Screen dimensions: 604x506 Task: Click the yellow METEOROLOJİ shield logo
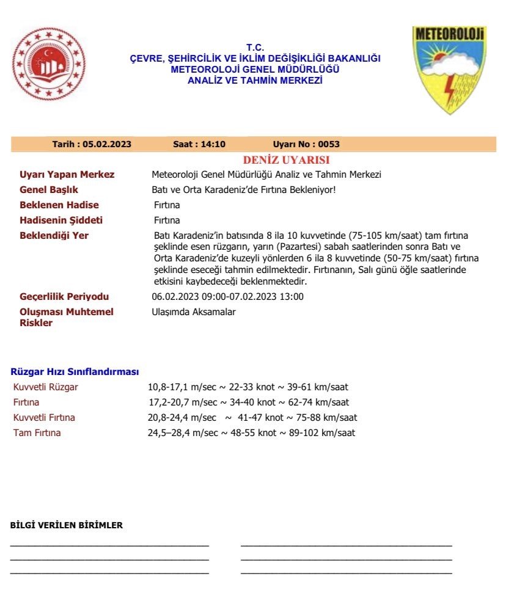tap(449, 68)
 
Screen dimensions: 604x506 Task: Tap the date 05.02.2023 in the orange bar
tap(108, 145)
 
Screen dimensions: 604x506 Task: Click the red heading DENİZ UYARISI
tap(286, 160)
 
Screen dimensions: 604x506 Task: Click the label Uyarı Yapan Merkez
tap(67, 175)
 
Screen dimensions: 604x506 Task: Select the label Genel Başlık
tap(49, 190)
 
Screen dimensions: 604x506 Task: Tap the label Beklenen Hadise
tap(59, 205)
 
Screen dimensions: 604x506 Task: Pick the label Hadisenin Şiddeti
tap(61, 220)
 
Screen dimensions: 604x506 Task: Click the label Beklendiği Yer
tap(54, 236)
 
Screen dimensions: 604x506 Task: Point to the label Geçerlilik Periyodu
tap(65, 297)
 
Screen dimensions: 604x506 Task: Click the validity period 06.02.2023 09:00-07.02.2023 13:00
tap(227, 297)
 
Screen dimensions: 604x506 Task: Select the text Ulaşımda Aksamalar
tap(193, 312)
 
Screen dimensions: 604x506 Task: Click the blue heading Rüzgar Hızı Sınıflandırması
tap(75, 371)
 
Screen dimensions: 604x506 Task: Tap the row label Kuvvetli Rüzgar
tap(46, 387)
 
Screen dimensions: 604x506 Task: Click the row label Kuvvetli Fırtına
tap(44, 418)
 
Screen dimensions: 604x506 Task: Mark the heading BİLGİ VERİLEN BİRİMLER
tap(67, 525)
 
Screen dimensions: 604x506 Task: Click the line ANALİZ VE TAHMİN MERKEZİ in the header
tap(255, 81)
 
